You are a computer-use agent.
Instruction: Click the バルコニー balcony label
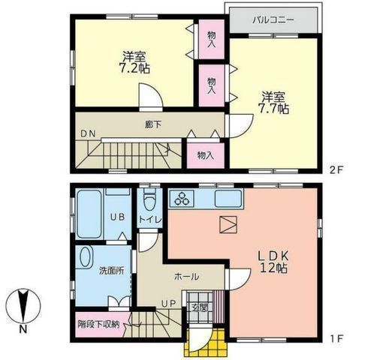coord(273,20)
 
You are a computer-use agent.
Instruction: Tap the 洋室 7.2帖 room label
coord(134,62)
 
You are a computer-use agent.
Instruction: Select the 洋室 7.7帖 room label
coord(273,103)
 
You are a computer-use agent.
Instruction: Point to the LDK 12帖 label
coord(273,262)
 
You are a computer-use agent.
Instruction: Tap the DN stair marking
coord(88,134)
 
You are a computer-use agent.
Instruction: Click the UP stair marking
coord(168,304)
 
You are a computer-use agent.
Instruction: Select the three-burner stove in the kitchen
coord(182,198)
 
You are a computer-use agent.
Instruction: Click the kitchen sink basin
coord(228,199)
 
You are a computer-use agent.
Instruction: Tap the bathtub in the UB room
coord(89,214)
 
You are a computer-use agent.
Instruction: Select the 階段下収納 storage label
coord(99,325)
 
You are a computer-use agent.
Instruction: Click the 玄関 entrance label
coord(200,307)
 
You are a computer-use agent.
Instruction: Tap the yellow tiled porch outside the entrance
coord(207,342)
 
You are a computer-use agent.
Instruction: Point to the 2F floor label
coord(336,170)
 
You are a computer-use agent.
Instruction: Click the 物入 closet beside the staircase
coord(206,155)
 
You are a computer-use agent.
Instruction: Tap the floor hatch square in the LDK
coord(228,225)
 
